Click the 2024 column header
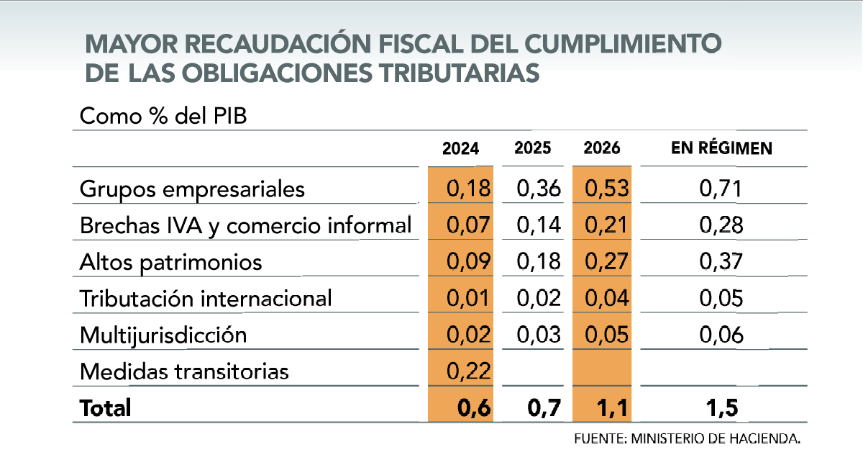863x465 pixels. pos(460,149)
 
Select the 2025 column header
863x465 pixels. pos(533,149)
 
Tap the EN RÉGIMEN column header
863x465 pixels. pos(721,149)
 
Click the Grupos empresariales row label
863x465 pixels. pos(192,189)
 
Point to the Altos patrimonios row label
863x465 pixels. pos(170,263)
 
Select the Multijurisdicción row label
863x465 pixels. pos(163,335)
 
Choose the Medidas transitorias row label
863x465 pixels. pos(184,371)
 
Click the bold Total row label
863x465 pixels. pos(106,408)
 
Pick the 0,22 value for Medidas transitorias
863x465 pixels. pos(468,371)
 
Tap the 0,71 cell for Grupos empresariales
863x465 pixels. pos(721,189)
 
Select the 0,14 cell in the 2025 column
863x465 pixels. pos(539,226)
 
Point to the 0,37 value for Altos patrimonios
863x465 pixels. pos(721,263)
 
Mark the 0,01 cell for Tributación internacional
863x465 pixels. pos(468,299)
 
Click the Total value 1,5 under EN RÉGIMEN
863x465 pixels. pos(721,408)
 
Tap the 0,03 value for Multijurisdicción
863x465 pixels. pos(539,335)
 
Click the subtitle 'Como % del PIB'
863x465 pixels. pos(163,117)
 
